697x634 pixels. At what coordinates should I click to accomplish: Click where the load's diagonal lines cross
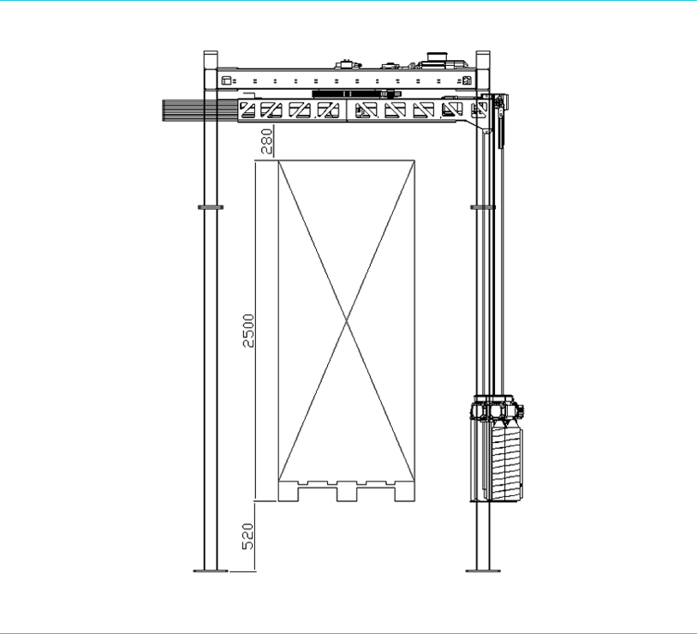tap(346, 322)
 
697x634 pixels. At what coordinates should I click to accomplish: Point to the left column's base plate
tap(211, 570)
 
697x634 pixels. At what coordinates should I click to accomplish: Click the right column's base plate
tap(482, 570)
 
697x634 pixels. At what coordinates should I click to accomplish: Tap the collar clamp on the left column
tap(211, 206)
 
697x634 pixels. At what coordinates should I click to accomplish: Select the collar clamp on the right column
tap(482, 206)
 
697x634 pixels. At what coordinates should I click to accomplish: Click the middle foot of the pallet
tap(346, 493)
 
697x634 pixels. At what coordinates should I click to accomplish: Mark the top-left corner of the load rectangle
tap(277, 158)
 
